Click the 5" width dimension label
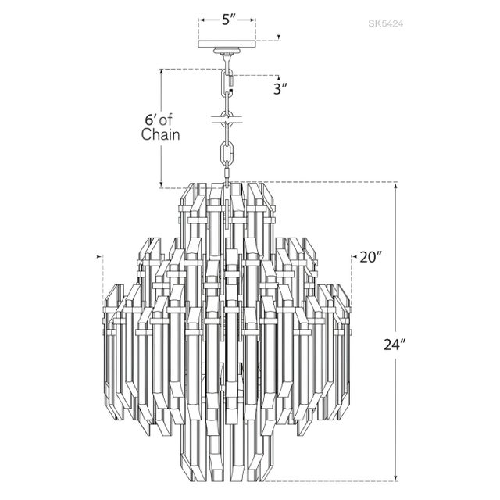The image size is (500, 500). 228,20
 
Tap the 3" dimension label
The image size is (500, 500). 281,89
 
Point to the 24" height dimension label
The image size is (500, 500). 395,345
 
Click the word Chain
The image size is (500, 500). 160,134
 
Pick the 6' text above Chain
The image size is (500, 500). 150,120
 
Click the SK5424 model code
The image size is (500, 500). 386,23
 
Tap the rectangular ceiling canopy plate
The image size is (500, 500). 227,44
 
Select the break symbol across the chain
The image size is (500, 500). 227,120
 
